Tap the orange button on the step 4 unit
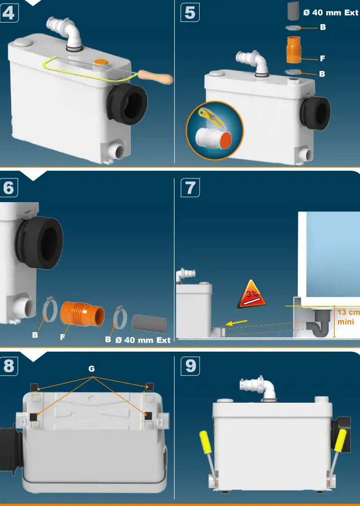(100, 62)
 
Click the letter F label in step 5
(322, 59)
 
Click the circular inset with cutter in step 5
(214, 131)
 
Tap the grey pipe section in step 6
(149, 323)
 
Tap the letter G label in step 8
(91, 368)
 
